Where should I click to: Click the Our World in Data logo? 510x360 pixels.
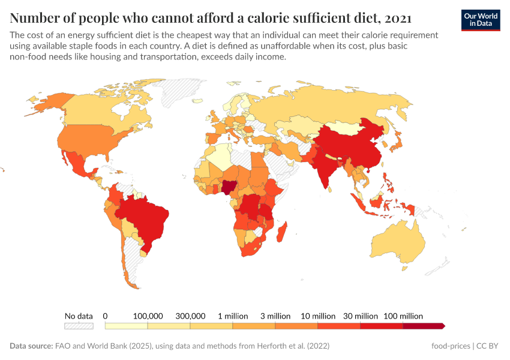tap(480, 20)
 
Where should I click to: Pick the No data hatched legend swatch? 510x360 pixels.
tap(79, 326)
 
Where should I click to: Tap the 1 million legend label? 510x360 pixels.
tap(232, 316)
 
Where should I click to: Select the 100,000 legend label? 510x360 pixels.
tap(148, 316)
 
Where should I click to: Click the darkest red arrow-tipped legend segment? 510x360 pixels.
tap(424, 326)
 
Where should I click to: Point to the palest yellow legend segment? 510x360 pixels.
tap(126, 326)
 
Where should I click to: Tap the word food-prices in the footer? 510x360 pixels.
tap(450, 346)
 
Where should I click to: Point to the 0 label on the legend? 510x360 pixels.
tap(105, 316)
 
